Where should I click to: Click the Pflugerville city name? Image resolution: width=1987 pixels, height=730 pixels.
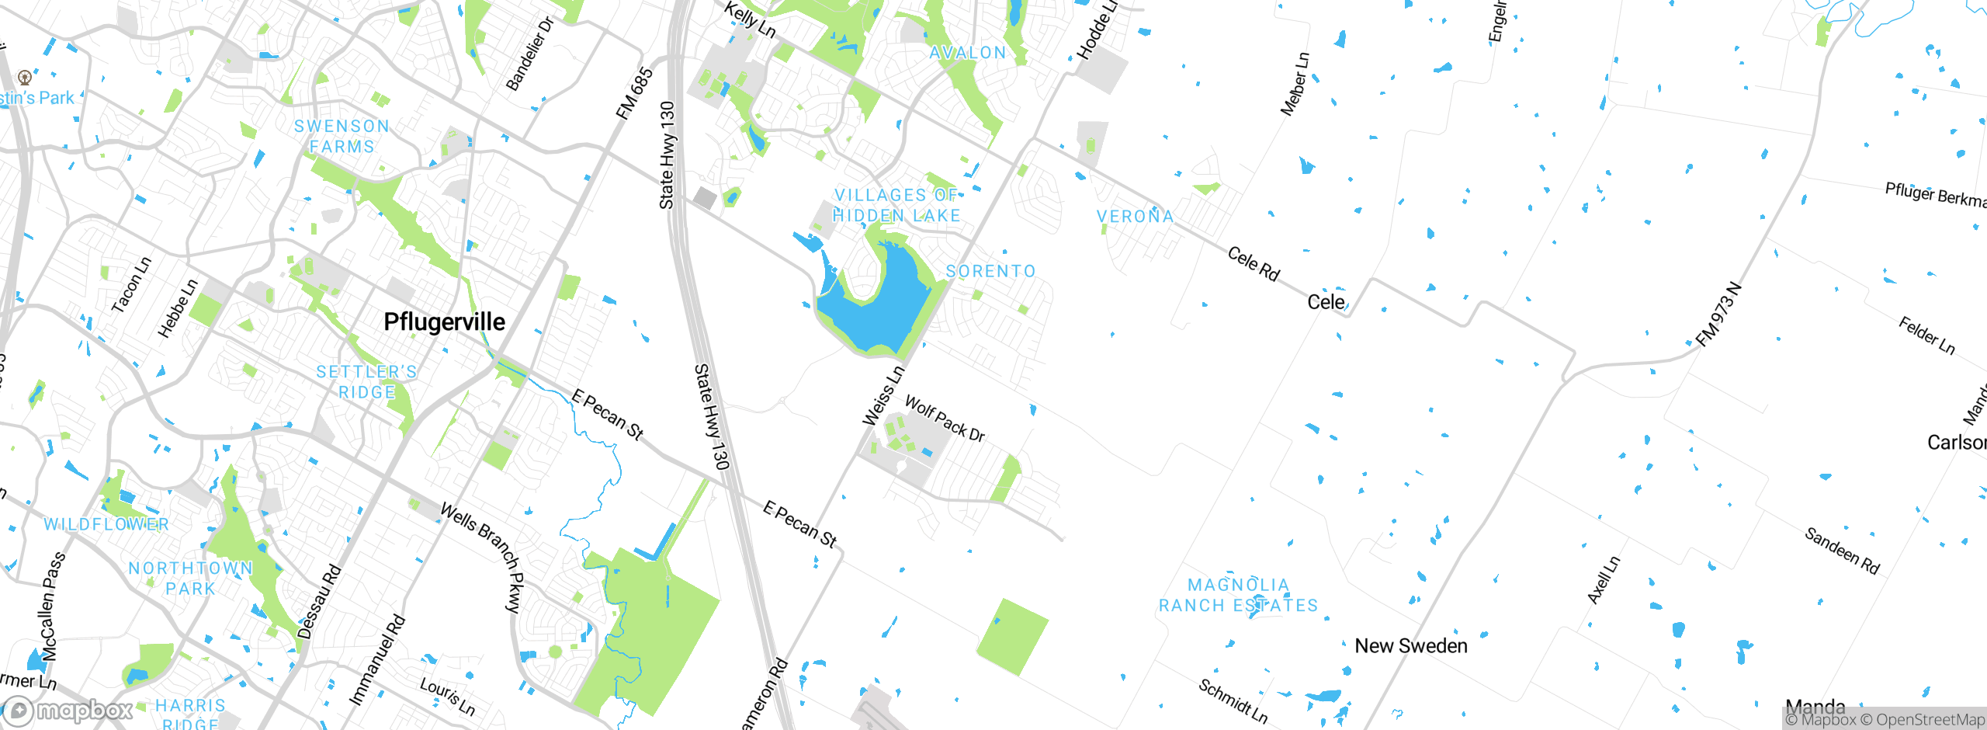click(444, 322)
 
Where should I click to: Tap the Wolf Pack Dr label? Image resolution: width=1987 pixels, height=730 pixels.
click(945, 419)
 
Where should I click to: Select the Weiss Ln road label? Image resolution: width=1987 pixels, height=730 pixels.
click(883, 396)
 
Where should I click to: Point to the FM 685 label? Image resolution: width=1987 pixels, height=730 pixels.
click(634, 94)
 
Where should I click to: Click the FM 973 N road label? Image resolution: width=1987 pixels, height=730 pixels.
click(1718, 315)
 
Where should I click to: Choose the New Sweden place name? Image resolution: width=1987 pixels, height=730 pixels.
click(1410, 645)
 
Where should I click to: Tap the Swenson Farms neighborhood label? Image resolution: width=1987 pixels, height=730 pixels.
click(342, 136)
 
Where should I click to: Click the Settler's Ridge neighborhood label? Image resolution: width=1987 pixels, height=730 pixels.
click(366, 382)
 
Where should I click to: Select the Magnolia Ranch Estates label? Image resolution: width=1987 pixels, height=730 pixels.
click(1238, 595)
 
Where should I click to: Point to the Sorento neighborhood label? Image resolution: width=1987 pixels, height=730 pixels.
click(990, 271)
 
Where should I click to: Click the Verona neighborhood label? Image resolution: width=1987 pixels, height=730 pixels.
click(1135, 216)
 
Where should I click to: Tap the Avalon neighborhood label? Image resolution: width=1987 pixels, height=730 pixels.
click(967, 53)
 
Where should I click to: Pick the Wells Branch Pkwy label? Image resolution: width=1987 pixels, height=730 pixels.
click(481, 556)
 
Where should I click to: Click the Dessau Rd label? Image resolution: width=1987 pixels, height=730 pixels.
click(319, 602)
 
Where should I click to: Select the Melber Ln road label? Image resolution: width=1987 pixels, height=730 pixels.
click(1295, 84)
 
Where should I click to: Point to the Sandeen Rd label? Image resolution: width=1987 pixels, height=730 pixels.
click(1841, 551)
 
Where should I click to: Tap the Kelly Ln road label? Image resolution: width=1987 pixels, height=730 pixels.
click(750, 19)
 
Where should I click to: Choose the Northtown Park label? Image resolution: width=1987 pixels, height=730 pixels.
click(190, 579)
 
